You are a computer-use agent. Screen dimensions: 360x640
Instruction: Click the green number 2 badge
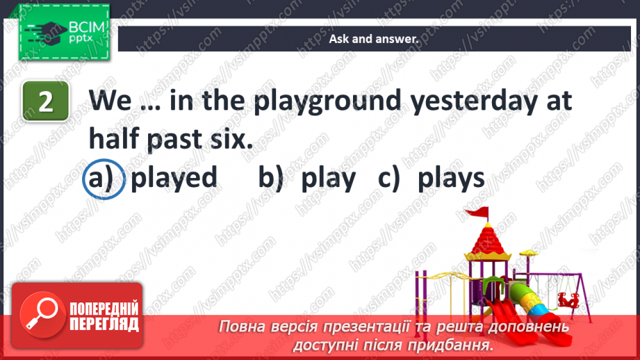pos(46,102)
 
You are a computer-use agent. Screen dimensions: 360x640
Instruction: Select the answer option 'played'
pos(174,178)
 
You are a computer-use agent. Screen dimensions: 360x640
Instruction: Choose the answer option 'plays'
pos(451,178)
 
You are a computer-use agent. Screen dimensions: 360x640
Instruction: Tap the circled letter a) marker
pos(104,179)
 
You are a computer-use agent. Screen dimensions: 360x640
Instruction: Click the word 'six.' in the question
pos(227,139)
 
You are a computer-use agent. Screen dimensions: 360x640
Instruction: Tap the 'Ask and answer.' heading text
pos(374,40)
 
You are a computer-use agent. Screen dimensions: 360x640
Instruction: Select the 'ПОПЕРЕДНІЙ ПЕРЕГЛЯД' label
pos(104,317)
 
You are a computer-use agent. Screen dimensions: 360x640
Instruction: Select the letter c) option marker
pos(391,179)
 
